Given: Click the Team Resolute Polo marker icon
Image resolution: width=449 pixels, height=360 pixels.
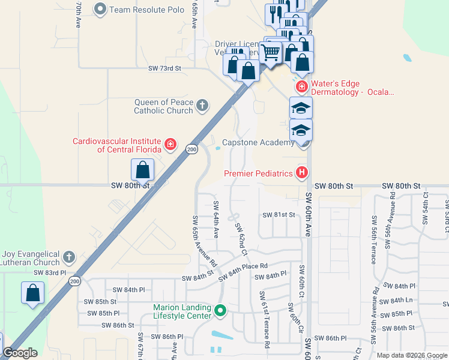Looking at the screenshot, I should (x=100, y=9).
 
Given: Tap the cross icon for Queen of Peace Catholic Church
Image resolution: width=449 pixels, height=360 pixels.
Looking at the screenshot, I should (x=202, y=106).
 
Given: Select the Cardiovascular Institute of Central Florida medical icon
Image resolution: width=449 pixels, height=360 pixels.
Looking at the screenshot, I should (x=171, y=145).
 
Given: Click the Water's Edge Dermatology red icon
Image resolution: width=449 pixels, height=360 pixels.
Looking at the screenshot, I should (x=301, y=88).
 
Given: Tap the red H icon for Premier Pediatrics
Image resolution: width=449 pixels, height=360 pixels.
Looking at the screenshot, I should (x=301, y=173).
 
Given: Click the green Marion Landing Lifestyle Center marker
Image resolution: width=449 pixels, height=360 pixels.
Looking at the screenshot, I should (x=220, y=311).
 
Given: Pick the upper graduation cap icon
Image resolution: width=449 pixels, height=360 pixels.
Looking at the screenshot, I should (x=301, y=108).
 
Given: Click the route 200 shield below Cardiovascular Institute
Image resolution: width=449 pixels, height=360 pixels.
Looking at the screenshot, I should (x=191, y=149).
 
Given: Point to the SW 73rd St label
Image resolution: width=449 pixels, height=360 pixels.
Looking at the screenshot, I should (x=165, y=68).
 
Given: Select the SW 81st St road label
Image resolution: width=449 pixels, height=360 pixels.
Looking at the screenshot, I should (x=279, y=215).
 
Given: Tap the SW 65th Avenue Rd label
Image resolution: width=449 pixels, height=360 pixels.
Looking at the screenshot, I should (x=203, y=241).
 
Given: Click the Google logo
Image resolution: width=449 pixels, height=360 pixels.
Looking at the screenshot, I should (x=20, y=353).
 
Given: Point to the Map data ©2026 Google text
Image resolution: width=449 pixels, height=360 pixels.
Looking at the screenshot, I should (x=411, y=355).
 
